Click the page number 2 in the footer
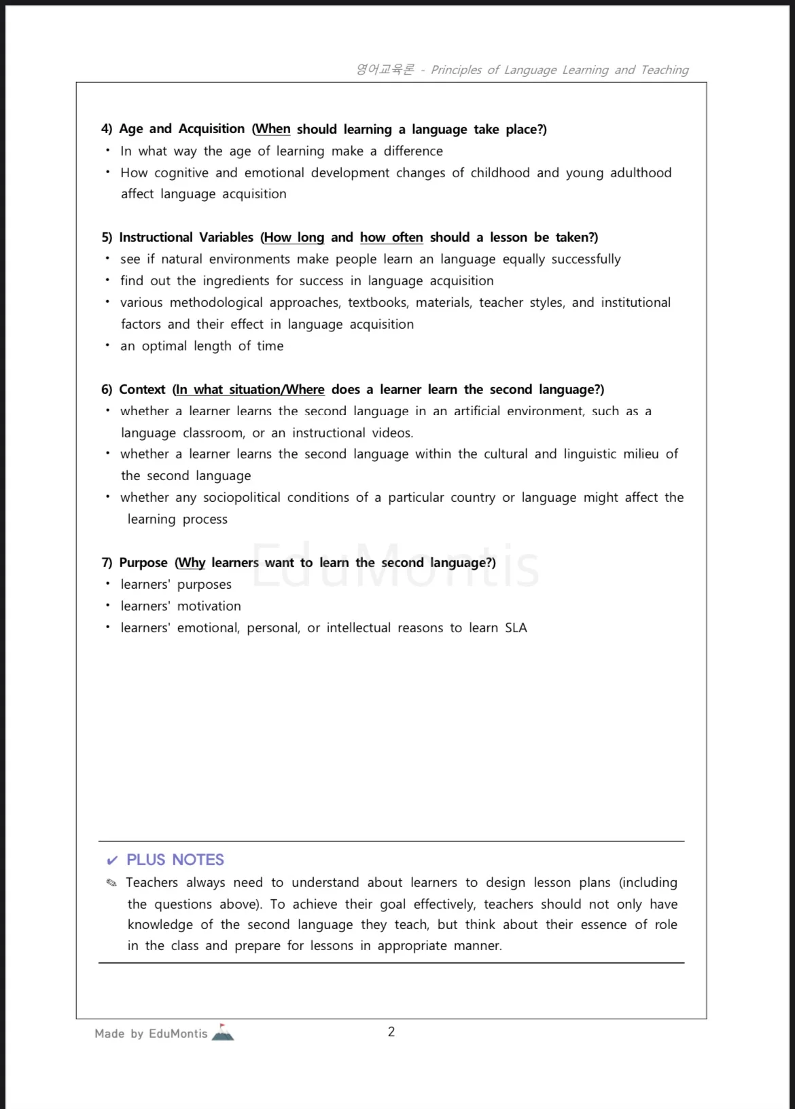(x=391, y=1032)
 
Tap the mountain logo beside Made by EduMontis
(x=223, y=1032)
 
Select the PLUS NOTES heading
(x=175, y=860)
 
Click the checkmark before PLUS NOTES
(x=112, y=861)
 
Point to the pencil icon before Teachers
(x=112, y=883)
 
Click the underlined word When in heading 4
(x=272, y=129)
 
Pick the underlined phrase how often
(x=391, y=237)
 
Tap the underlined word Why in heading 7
(x=192, y=562)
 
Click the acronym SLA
(x=516, y=628)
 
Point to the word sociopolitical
(x=241, y=497)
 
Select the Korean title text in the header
(x=385, y=69)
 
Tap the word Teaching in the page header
(x=665, y=69)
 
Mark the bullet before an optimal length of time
(x=107, y=345)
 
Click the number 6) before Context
(x=107, y=389)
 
